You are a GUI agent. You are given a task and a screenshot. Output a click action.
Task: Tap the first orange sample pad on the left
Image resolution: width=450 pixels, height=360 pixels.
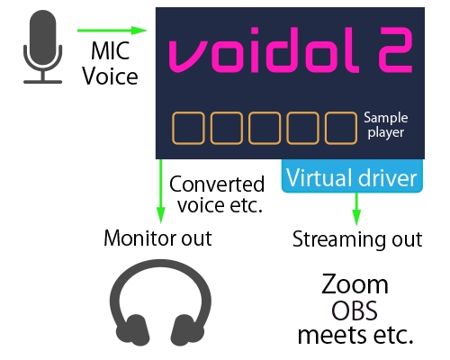(x=188, y=129)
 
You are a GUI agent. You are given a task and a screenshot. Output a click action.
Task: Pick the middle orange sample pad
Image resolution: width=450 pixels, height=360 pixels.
(x=265, y=129)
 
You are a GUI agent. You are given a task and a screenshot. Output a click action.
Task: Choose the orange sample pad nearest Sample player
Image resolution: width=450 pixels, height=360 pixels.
(x=341, y=129)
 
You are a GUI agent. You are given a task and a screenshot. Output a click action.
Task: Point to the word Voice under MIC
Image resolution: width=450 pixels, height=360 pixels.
(x=111, y=76)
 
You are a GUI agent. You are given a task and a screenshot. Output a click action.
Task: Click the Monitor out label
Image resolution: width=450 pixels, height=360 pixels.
(x=158, y=238)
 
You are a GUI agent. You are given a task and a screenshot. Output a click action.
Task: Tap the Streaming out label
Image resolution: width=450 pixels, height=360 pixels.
(x=357, y=240)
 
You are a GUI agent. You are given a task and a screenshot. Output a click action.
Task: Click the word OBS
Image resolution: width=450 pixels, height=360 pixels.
(x=355, y=311)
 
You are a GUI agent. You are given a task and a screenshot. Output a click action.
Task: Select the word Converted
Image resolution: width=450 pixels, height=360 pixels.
(x=218, y=184)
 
